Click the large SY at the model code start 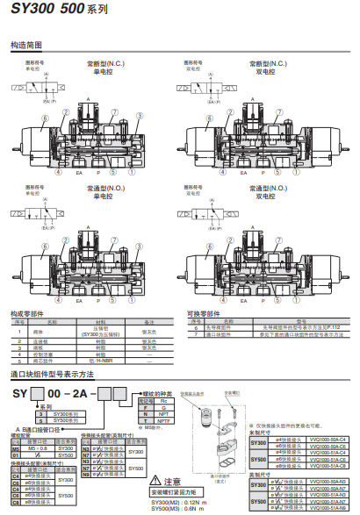[x=19, y=390]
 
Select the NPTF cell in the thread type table [x=163, y=420]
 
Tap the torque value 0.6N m [x=199, y=509]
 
